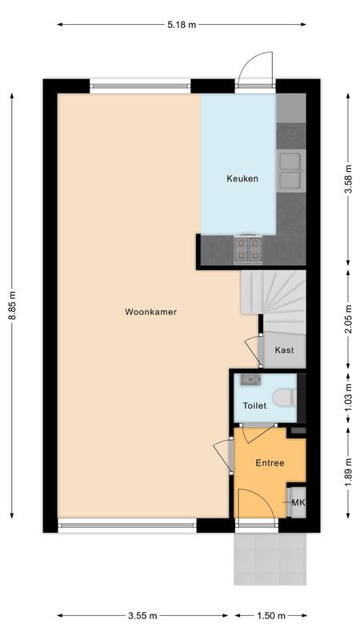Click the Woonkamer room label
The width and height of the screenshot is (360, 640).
[150, 312]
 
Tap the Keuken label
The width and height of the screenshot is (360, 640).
[242, 178]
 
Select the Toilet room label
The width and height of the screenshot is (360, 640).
[254, 406]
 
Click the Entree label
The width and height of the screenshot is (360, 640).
[269, 463]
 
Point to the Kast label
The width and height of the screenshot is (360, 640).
[284, 350]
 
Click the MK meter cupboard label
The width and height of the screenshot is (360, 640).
[298, 502]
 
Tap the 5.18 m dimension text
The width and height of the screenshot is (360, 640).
[182, 25]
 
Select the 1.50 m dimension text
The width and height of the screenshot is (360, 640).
[270, 615]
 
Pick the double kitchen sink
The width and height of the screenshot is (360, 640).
[290, 170]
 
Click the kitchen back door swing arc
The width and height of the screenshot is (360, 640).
[258, 66]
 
